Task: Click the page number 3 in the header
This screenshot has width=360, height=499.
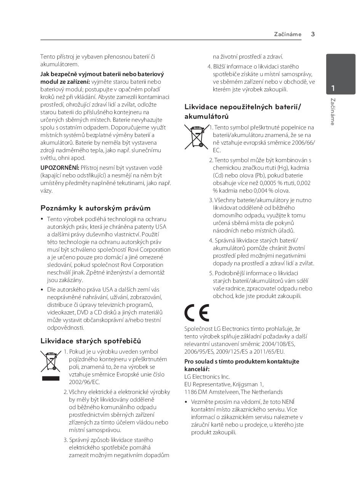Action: point(313,34)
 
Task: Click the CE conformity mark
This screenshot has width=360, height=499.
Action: point(197,313)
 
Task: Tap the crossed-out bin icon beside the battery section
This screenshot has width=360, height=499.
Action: point(197,136)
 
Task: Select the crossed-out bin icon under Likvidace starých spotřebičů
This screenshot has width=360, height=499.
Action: point(51,361)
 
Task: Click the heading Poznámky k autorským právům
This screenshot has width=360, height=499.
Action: point(96,208)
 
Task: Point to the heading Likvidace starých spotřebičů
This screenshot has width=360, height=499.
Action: point(91,341)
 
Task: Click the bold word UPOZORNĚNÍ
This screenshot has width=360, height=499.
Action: point(60,168)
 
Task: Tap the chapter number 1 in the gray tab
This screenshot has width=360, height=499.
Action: point(333,88)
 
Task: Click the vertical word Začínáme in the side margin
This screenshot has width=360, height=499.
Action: point(333,112)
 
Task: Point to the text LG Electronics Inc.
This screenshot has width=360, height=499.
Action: point(207,377)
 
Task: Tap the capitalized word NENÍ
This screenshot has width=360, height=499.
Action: point(287,402)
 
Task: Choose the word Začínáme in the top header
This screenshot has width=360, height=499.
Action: point(288,34)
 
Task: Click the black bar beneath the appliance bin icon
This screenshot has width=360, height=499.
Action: point(51,379)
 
